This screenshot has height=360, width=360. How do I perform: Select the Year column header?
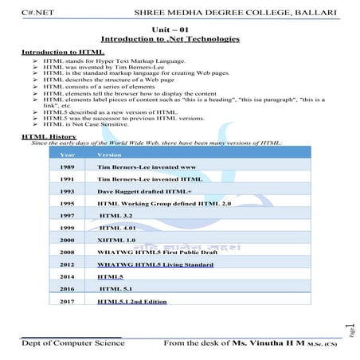coord(68,154)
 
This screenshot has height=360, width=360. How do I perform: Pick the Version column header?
coord(109,154)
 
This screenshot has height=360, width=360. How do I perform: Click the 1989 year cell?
coord(68,168)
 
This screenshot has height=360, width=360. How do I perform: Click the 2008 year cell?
coord(68,251)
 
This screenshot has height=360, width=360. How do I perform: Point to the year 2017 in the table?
coord(68,302)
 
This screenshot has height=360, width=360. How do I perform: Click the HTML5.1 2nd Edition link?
coord(131,302)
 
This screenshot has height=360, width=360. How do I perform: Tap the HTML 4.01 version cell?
coord(119,227)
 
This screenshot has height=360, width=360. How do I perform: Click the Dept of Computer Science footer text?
coord(72,342)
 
